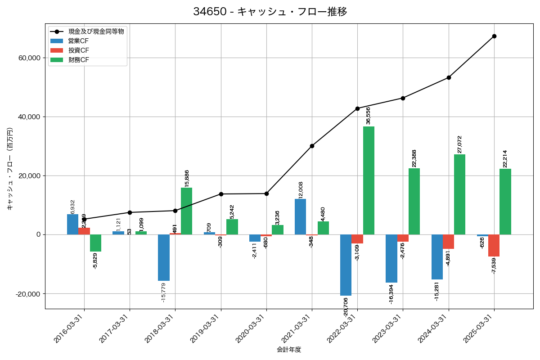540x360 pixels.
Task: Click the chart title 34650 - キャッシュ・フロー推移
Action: pos(270,12)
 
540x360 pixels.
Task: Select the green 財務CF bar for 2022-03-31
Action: pos(369,180)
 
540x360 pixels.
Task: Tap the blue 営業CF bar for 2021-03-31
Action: pos(300,216)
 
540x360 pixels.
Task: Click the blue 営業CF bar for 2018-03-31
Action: pos(164,257)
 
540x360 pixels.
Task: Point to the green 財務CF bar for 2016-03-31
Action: pos(95,243)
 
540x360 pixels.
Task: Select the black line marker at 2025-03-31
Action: pos(494,36)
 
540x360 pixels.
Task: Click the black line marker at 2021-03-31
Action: pos(312,146)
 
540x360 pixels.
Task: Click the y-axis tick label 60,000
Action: pos(28,58)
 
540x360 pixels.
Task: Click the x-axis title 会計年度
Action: pos(288,350)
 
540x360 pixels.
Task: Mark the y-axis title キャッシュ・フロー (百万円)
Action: pos(10,169)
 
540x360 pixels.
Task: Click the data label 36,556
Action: pos(369,116)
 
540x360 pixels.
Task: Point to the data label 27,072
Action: pos(459,144)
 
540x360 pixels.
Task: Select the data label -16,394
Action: pos(391,294)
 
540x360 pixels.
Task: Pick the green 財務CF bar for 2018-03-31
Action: pos(186,211)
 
